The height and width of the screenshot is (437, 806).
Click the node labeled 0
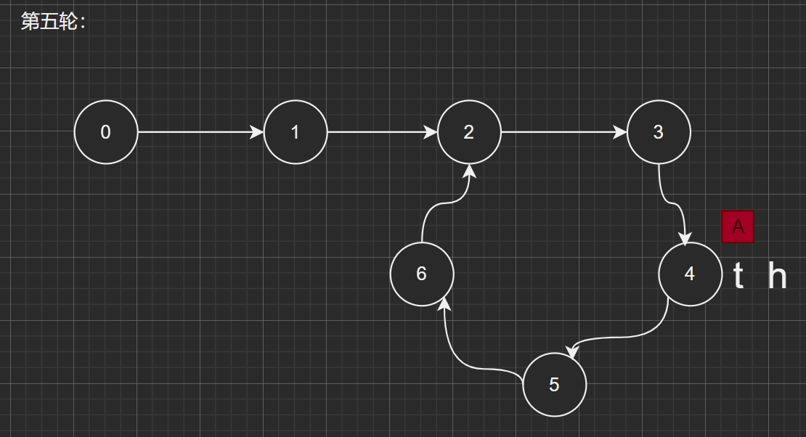(106, 132)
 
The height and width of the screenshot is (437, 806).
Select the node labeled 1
(295, 132)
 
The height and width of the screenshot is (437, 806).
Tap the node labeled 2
(469, 132)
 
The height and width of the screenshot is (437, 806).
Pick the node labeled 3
(659, 132)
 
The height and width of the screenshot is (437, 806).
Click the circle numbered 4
(690, 274)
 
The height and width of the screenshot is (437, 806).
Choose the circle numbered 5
(554, 385)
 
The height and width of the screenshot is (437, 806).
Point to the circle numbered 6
(422, 274)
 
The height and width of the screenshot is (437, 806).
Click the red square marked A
(738, 226)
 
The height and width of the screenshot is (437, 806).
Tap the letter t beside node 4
(738, 277)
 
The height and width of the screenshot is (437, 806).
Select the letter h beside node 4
(778, 277)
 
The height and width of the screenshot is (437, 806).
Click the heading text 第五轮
(53, 22)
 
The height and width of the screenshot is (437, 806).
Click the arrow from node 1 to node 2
(381, 132)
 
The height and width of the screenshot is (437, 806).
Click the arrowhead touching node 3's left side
(620, 132)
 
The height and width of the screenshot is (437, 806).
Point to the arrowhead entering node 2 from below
(470, 171)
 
